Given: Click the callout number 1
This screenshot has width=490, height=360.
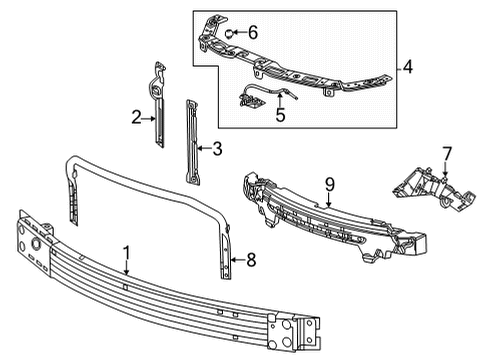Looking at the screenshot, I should click(127, 254).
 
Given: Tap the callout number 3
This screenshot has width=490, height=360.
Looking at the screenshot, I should click(215, 151).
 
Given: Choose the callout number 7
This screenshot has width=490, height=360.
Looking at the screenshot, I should click(447, 152).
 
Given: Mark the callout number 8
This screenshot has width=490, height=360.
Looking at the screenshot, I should click(251, 260).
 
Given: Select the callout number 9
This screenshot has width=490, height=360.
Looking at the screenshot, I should click(328, 184).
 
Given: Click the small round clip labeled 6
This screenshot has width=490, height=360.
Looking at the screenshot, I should click(229, 34).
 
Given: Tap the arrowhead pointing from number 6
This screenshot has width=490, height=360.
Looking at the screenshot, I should click(235, 34).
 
